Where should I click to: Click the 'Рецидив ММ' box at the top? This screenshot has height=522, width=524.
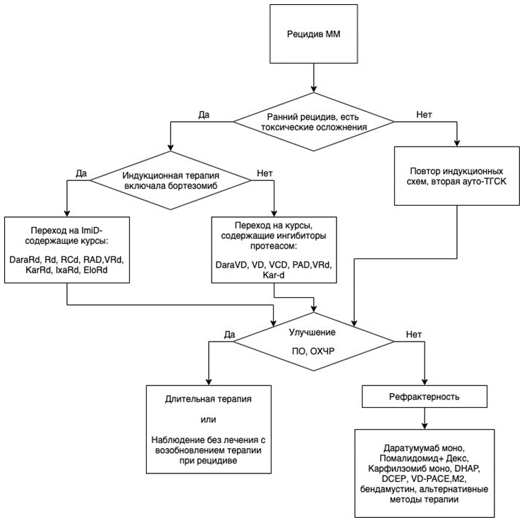pos(313,34)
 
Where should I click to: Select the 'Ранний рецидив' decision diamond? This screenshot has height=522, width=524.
pos(313,121)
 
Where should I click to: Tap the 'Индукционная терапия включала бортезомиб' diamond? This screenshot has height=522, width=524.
pos(171,180)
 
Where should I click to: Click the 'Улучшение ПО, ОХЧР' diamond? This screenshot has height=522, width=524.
pos(313,342)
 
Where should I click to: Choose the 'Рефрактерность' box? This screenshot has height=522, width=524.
pos(425,397)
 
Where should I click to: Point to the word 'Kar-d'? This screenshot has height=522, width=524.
pos(274,275)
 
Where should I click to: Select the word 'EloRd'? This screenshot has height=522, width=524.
pos(96,270)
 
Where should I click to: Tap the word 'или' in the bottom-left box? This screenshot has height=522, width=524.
pos(208,419)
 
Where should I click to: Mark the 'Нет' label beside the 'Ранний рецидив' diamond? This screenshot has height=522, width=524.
pos(424,115)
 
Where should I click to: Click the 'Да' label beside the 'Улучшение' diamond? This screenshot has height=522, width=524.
pos(230,335)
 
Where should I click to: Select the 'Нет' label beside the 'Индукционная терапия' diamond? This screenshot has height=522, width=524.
pos(264,173)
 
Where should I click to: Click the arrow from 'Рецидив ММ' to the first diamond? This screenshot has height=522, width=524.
pos(313,77)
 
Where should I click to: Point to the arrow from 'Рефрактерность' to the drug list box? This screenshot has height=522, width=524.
pos(425,418)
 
